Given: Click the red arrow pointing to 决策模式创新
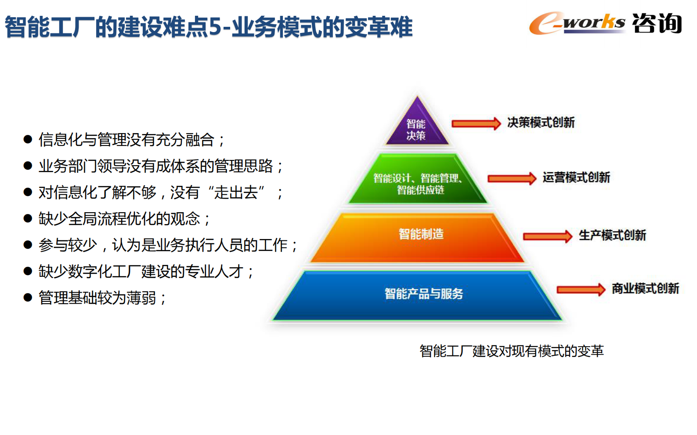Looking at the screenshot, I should [x=476, y=123].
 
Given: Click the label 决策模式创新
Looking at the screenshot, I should [x=541, y=123].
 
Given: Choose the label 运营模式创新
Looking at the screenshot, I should [x=576, y=178].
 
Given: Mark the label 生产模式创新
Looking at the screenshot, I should [x=612, y=236].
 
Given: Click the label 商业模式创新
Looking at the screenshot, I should [x=645, y=289].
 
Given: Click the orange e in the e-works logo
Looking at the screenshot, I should [x=545, y=24].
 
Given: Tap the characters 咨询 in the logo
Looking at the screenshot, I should [x=657, y=23].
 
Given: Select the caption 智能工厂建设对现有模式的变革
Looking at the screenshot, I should [x=511, y=351].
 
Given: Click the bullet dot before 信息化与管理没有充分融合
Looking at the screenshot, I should [x=28, y=140].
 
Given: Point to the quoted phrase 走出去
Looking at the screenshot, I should [x=236, y=192].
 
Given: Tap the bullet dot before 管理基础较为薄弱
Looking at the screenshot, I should [x=28, y=298].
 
